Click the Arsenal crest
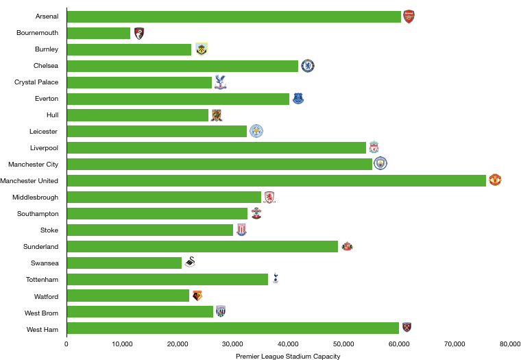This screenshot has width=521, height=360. coord(409,17)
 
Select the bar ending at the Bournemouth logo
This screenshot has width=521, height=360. coord(99,34)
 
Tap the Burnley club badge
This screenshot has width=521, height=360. coord(202,49)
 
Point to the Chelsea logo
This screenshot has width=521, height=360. coord(308,66)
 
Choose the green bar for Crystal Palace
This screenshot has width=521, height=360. coord(139,82)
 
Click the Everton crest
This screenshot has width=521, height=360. coord(298,98)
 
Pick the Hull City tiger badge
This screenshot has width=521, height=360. coord(217,115)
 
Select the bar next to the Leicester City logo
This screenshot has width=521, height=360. coord(157,131)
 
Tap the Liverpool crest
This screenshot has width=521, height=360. coord(374,147)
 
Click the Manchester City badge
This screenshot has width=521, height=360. coord(380,163)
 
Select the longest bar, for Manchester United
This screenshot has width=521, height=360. coord(276,180)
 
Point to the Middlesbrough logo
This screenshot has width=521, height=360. coord(269,197)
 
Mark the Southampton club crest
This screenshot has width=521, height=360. coord(256,213)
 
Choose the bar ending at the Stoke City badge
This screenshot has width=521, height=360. coord(150,230)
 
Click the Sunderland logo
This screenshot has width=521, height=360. coord(348,245)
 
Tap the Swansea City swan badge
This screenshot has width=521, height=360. coord(190,262)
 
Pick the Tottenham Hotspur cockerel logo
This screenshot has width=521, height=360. coord(276,278)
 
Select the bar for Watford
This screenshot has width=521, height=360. coord(128,296)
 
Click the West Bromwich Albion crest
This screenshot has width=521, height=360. coord(221,311)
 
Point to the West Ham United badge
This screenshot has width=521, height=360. coord(407,328)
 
